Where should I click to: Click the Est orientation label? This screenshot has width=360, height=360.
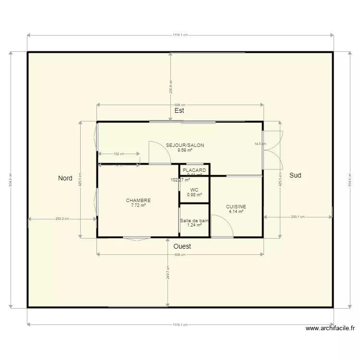click(179, 110)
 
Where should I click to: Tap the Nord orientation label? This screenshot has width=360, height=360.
click(65, 178)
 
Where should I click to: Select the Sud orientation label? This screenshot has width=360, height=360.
click(295, 176)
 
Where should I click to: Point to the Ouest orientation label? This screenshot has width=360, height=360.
click(182, 246)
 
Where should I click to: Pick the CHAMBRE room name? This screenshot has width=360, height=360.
click(138, 201)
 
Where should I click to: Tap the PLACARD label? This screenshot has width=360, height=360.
click(194, 170)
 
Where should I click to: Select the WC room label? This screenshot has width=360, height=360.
click(194, 190)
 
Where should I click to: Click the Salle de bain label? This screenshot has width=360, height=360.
click(194, 221)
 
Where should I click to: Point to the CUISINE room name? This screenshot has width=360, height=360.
click(236, 207)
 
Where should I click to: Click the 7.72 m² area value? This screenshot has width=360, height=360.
click(138, 205)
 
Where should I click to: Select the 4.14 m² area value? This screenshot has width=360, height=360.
click(236, 212)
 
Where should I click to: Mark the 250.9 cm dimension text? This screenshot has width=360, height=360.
click(170, 86)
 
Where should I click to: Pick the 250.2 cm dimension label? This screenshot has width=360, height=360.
click(62, 218)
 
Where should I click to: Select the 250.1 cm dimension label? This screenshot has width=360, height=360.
click(298, 217)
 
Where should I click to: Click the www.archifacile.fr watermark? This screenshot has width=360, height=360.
click(330, 328)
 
